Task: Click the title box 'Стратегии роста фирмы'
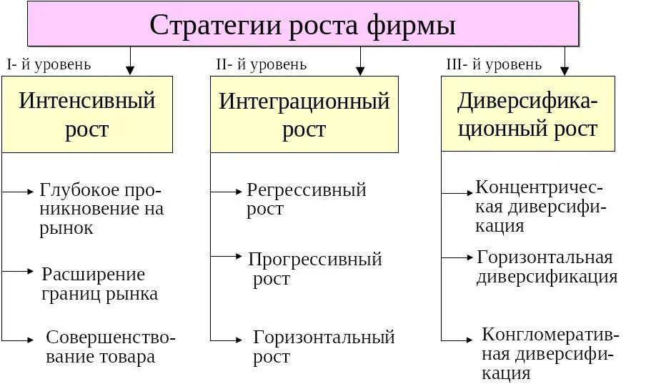[303, 25]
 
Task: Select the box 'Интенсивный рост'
[87, 114]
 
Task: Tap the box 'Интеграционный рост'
[304, 114]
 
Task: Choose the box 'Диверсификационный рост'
[527, 114]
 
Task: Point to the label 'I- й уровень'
[49, 64]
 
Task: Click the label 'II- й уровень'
[261, 64]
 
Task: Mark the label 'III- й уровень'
[494, 64]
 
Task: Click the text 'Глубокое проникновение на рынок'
[101, 210]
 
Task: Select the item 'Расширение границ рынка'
[99, 284]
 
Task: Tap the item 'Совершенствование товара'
[110, 347]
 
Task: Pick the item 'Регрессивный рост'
[306, 200]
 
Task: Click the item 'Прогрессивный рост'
[314, 269]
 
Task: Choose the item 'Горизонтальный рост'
[324, 347]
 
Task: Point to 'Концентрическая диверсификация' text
[540, 207]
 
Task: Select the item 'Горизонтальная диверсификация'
[547, 267]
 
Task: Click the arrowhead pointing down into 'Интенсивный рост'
[130, 71]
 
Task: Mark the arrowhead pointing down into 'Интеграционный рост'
[360, 71]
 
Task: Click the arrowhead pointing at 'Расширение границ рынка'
[30, 271]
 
